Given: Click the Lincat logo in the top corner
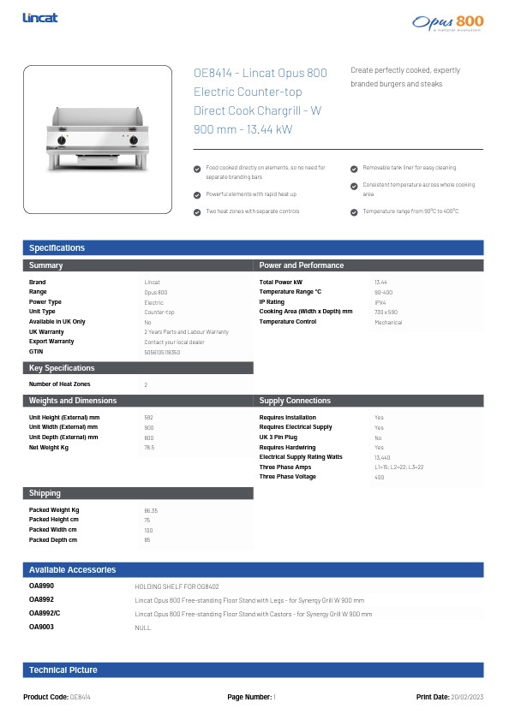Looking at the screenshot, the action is pos(40,17).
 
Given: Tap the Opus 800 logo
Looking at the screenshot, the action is pos(447,22).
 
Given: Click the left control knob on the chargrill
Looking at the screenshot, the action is pos(62,140).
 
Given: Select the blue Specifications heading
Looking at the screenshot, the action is pos(57,248).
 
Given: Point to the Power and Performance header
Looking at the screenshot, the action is pos(301,265).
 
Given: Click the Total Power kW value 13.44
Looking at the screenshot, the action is pos(380,282).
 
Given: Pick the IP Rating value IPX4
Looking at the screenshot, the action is pos(380,302).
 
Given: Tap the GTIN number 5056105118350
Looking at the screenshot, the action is pos(162,352).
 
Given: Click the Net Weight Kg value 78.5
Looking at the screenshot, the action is pos(149,447).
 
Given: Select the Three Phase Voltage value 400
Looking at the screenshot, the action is pos(379,477).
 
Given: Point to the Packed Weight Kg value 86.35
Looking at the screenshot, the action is pos(151,510).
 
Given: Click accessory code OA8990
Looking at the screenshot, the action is pos(41,586).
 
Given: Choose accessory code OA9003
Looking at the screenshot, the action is pos(41,628).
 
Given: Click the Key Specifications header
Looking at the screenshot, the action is pos(62,368).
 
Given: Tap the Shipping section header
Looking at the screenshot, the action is pos(45,493).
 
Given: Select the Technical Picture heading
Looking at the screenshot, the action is pos(63,670).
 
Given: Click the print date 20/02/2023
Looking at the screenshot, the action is pos(467,698).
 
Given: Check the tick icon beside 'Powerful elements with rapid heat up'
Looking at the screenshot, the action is pos(198,194).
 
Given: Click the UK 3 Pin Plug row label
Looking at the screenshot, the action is pos(279,437).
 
